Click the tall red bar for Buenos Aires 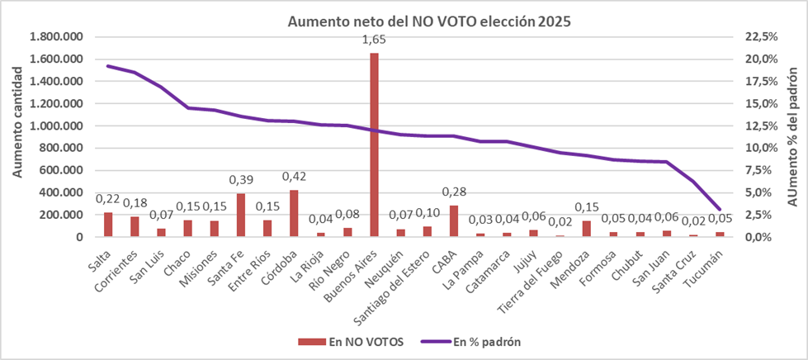tap(374, 145)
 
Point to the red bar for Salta tap(108, 225)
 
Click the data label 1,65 tap(374, 40)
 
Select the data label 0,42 tap(294, 177)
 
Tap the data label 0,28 tap(454, 192)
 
